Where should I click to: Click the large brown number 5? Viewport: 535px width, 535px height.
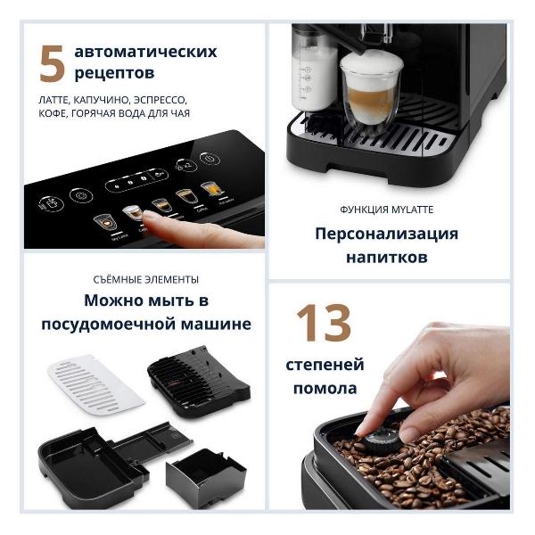point(52,64)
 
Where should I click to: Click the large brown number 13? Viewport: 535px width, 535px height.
point(324,323)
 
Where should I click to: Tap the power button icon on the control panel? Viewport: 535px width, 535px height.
point(210,159)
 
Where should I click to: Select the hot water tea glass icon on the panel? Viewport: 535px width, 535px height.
point(212,190)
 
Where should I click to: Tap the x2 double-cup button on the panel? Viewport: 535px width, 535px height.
point(186,166)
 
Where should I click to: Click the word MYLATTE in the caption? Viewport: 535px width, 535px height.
point(412,210)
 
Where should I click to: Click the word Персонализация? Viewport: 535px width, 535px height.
point(387,234)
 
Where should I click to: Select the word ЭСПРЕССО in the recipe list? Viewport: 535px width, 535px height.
point(160,100)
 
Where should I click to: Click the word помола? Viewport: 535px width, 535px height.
point(325,388)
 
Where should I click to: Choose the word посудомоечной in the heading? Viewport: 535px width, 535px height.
point(109,325)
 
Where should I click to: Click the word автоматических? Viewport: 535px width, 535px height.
point(145,52)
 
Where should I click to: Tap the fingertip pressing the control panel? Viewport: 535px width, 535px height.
point(150,217)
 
